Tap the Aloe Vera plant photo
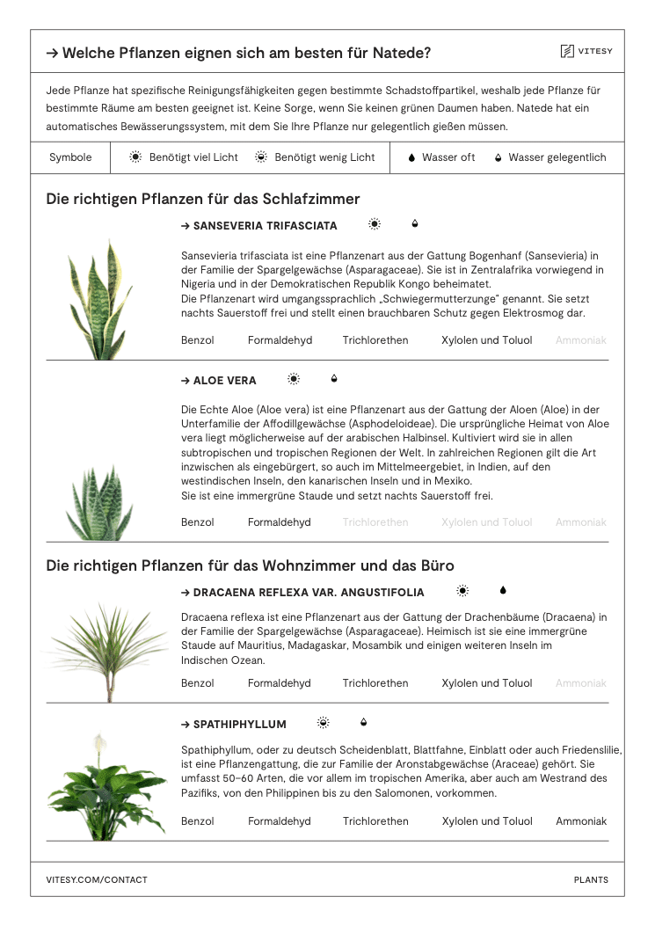(100, 502)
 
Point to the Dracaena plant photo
(108, 651)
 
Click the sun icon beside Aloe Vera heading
(294, 379)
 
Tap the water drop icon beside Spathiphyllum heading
(364, 723)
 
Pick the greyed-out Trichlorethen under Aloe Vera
(375, 522)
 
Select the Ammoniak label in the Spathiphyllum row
(581, 821)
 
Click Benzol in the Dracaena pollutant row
(198, 683)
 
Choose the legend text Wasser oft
(448, 157)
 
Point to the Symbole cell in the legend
(70, 157)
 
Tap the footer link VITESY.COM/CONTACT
(97, 879)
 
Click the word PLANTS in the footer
(591, 879)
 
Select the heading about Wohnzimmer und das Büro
(250, 565)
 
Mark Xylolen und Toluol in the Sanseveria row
(486, 340)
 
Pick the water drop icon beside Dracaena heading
(503, 591)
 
